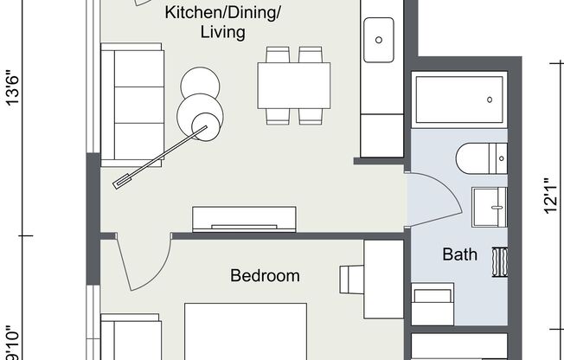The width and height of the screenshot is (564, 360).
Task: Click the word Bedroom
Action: click(265, 276)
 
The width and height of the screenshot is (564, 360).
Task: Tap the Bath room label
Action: click(459, 254)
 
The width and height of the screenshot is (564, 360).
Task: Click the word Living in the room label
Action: click(222, 33)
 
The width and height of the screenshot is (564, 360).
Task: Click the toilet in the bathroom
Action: click(479, 158)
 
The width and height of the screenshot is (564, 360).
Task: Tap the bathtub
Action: click(458, 100)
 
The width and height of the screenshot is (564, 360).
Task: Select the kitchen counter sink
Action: click(378, 39)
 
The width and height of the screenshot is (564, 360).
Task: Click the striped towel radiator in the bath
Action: click(499, 261)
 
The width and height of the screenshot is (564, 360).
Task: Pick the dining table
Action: click(293, 86)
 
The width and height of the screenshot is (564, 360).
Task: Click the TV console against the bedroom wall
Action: click(244, 219)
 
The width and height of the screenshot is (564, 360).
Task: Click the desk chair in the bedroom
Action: click(350, 280)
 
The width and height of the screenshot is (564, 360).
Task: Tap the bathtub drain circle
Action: click(490, 100)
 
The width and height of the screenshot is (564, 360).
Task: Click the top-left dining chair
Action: click(278, 55)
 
